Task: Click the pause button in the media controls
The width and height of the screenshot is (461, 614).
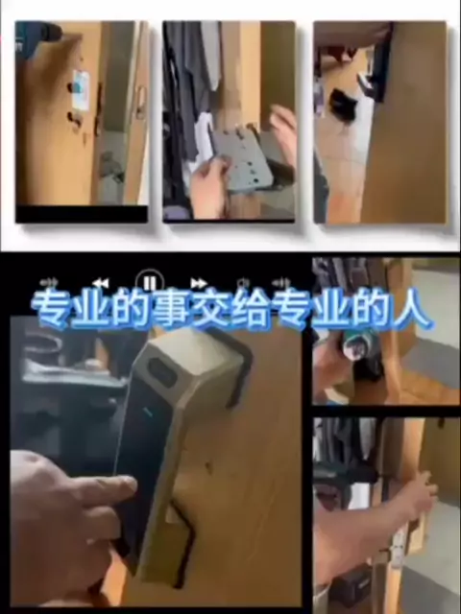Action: (150, 282)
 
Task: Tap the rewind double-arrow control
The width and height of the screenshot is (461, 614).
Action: (101, 283)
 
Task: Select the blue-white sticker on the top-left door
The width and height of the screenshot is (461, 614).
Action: (81, 89)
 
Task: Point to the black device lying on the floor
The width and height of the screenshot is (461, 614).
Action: (342, 105)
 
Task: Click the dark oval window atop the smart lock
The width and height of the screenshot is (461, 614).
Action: (161, 372)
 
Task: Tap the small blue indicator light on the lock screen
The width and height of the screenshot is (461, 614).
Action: (148, 412)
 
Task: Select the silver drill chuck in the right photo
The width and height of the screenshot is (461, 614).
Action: (352, 345)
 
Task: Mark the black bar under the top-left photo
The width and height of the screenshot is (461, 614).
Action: (82, 214)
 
